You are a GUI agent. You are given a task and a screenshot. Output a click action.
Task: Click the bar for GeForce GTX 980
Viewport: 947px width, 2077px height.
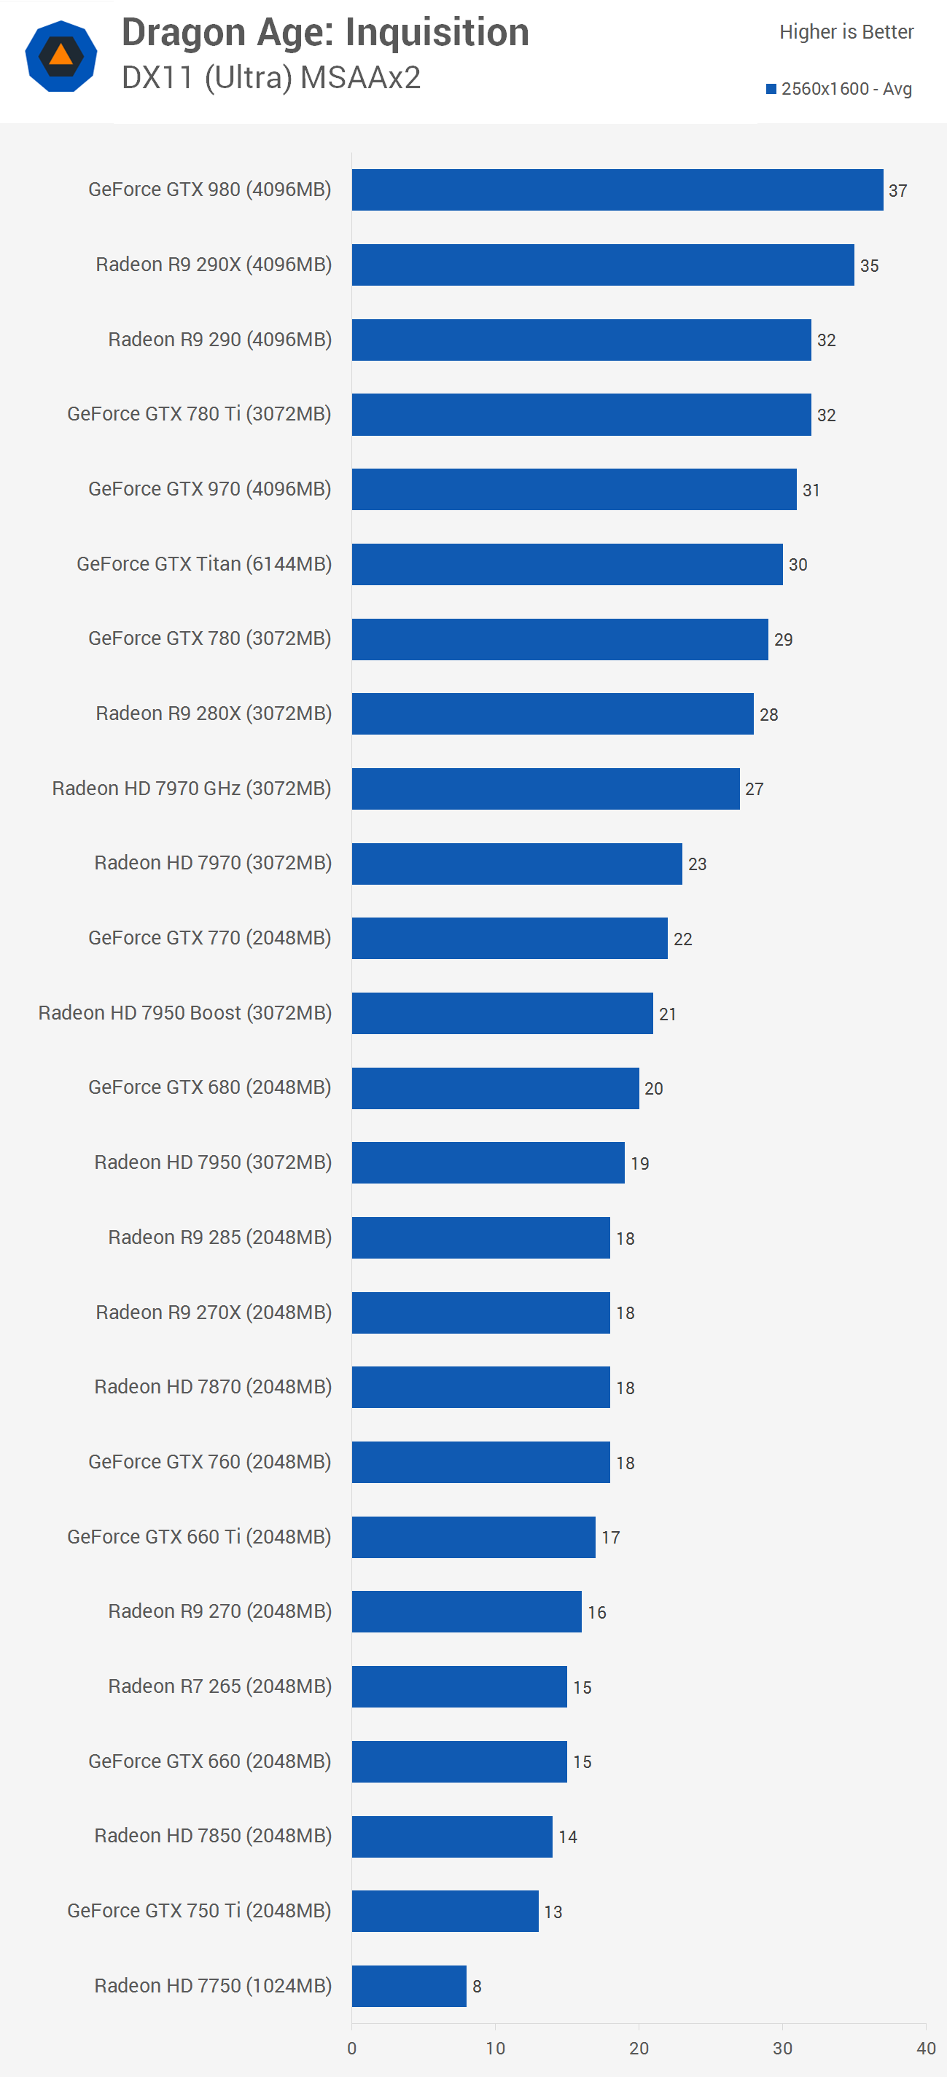(617, 189)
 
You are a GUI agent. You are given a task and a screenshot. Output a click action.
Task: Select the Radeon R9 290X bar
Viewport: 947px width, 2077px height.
(603, 265)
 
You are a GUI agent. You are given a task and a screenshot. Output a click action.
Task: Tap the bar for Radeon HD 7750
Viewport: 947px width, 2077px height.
(409, 1985)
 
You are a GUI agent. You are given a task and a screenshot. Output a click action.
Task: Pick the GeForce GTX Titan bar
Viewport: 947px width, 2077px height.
(567, 563)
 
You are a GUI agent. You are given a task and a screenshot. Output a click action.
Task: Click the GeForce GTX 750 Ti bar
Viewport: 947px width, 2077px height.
(445, 1910)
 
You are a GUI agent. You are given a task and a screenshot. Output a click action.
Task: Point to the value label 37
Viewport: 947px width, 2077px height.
(898, 191)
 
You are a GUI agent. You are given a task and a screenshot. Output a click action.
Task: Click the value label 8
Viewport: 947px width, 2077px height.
(477, 1986)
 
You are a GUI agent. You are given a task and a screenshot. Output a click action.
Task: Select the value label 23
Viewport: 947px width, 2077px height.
(697, 864)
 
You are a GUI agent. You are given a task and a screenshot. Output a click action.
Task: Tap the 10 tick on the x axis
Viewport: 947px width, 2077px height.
(495, 2048)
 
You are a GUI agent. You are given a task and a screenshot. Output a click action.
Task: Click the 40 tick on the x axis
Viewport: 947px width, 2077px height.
(925, 2048)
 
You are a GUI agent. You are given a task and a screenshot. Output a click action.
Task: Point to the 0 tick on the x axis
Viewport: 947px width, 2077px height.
(351, 2048)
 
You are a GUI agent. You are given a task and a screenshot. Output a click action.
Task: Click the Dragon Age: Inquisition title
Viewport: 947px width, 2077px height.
(325, 33)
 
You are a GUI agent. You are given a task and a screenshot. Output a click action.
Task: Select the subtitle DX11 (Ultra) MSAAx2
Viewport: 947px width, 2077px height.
(271, 78)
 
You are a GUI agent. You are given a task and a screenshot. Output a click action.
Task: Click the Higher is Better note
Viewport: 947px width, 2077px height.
(846, 32)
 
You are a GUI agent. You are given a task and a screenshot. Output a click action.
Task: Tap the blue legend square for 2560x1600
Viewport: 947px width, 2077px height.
(771, 89)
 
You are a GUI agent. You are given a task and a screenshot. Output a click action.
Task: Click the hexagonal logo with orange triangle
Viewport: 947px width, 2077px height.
(61, 56)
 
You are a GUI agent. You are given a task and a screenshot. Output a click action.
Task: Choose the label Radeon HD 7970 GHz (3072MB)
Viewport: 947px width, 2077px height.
(192, 788)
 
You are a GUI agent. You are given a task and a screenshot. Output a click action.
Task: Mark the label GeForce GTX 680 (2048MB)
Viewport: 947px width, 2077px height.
(210, 1087)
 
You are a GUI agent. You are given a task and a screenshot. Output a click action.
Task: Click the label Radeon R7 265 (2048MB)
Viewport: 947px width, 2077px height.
(219, 1686)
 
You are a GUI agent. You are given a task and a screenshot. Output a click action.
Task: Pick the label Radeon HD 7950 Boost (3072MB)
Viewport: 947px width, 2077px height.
(184, 1013)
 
